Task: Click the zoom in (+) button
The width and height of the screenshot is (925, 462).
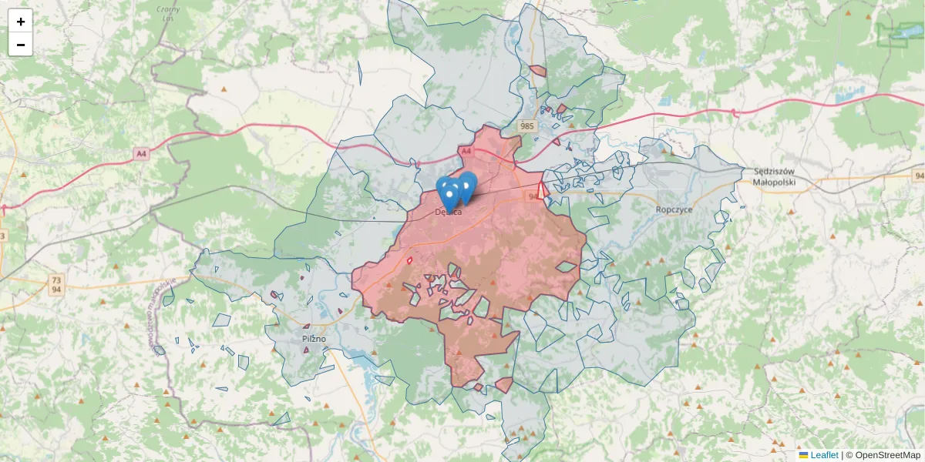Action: click(x=21, y=22)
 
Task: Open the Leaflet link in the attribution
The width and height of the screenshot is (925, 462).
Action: click(x=824, y=455)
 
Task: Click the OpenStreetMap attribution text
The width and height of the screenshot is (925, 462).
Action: click(x=887, y=455)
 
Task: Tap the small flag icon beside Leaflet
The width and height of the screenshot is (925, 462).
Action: click(x=803, y=455)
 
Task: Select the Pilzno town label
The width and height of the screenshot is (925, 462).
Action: click(x=314, y=338)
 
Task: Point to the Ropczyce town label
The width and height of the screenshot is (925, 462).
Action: click(x=673, y=209)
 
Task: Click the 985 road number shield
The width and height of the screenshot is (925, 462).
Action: click(x=527, y=126)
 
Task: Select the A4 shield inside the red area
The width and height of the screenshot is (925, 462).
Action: click(x=466, y=152)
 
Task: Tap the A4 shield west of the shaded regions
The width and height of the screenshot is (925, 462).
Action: click(x=140, y=154)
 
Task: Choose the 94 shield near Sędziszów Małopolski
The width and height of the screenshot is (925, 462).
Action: click(x=917, y=176)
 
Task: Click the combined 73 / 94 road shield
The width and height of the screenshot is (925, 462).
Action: click(x=56, y=285)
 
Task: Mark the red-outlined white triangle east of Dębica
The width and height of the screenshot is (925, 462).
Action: click(x=542, y=189)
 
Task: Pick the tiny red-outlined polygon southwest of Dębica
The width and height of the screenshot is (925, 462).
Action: click(x=409, y=260)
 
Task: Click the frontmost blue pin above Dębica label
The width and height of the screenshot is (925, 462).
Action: click(x=449, y=191)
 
